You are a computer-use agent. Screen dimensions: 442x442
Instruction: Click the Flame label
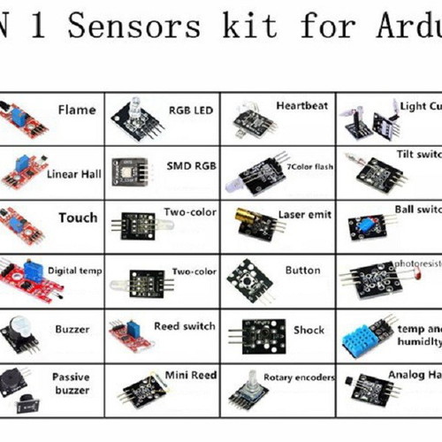click(77, 110)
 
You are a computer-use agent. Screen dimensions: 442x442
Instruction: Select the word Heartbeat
click(301, 106)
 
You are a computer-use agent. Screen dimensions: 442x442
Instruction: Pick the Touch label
click(78, 217)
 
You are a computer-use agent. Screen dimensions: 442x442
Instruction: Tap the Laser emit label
click(304, 214)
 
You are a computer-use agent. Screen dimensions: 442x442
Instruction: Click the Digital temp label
click(75, 271)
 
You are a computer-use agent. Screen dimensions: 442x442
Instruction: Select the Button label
click(302, 271)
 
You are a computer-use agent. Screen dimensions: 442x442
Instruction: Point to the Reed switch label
click(185, 326)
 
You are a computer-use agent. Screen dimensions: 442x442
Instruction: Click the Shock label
click(309, 330)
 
